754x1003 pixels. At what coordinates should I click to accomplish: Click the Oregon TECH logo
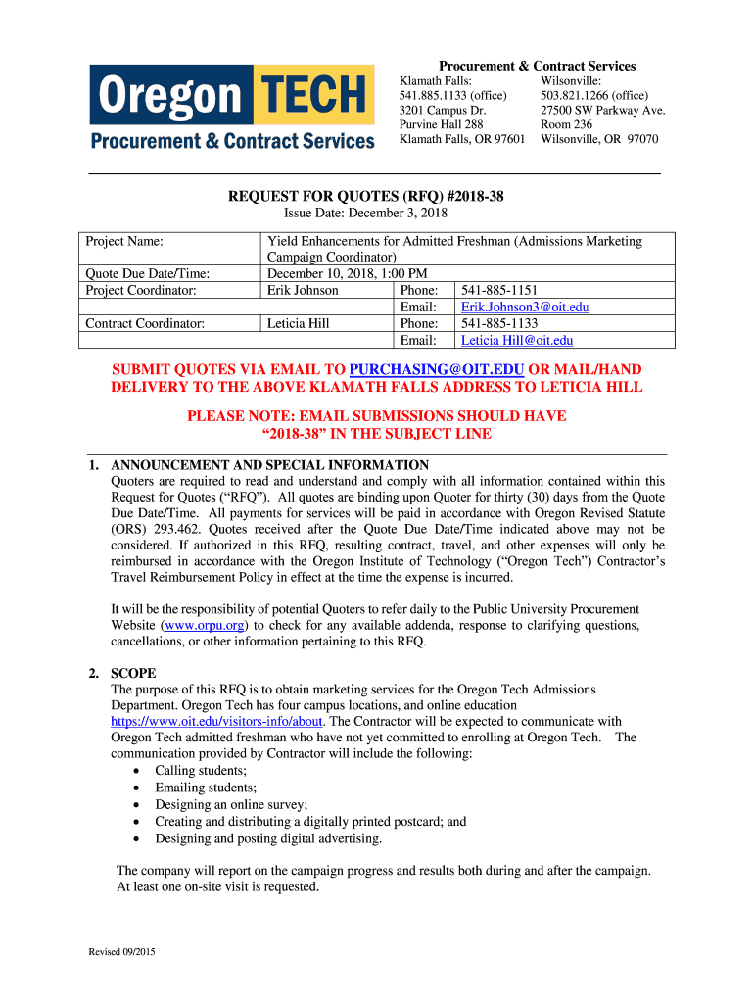point(232,107)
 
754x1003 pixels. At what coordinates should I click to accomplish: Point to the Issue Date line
point(365,214)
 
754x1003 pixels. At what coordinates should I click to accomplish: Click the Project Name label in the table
point(124,241)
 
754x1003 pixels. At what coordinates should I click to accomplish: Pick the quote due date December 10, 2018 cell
point(346,274)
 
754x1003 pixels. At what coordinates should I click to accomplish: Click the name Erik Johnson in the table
point(303,291)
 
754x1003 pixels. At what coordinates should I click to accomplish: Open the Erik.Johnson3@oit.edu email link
point(525,308)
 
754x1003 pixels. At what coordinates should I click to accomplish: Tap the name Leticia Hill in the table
point(298,324)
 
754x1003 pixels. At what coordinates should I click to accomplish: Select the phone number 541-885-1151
point(499,291)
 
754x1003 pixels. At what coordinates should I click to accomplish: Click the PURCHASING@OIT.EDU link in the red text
point(437,370)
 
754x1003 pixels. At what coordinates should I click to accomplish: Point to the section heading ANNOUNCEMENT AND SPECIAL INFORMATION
point(270,465)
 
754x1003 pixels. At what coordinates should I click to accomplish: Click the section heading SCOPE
point(133,674)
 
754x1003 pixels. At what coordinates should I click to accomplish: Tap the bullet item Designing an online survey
point(231,804)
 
